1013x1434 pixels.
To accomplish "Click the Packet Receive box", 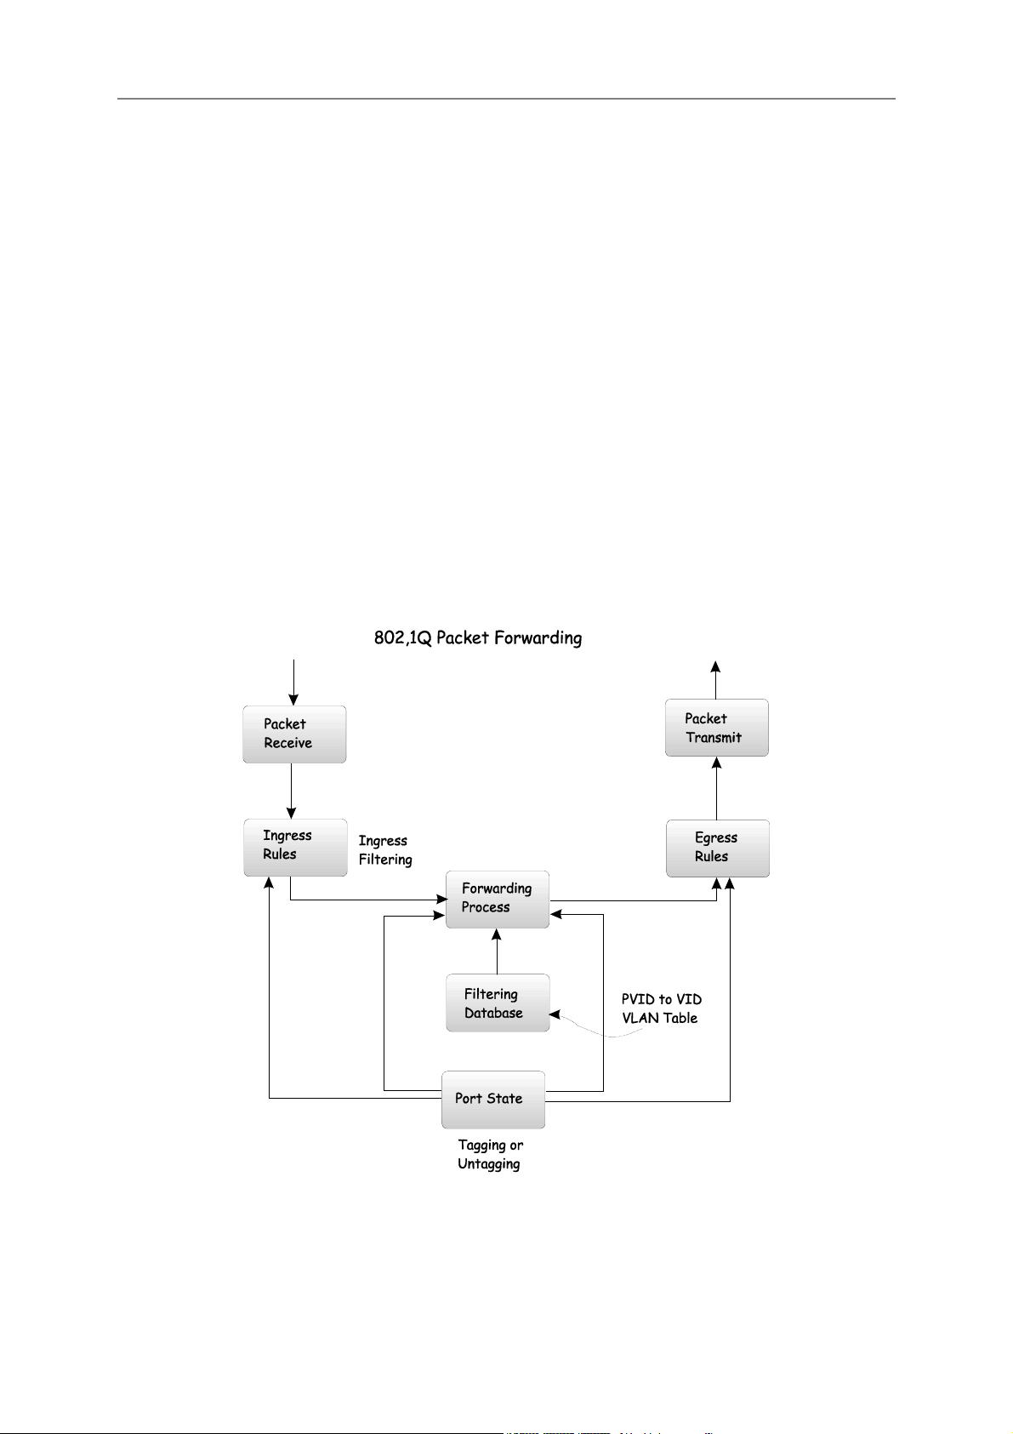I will click(x=294, y=734).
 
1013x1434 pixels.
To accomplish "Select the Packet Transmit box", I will click(x=716, y=728).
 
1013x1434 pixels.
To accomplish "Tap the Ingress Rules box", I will click(x=295, y=847).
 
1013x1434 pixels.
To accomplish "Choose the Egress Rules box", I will click(x=717, y=848).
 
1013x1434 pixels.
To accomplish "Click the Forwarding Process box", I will click(x=498, y=899).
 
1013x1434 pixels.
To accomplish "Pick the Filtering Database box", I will click(x=498, y=1003).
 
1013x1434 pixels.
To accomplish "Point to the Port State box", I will click(x=493, y=1099).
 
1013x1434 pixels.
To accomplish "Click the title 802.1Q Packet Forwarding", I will click(x=478, y=637).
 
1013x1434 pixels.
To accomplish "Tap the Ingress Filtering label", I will click(x=384, y=850).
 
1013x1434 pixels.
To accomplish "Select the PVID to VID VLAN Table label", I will click(x=661, y=1008).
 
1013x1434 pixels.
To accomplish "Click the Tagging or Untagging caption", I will click(x=490, y=1155).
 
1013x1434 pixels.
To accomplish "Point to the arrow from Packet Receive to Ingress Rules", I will click(x=291, y=791).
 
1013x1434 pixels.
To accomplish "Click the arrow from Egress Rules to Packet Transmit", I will click(x=716, y=788).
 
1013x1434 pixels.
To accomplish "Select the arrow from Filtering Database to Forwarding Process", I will click(x=497, y=951).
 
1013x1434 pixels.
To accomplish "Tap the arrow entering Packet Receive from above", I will click(x=293, y=681).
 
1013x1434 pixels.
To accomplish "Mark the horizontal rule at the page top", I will click(x=505, y=99).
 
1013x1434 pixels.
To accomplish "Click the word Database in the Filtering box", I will click(x=493, y=1013).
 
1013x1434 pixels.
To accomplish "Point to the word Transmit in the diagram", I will click(x=714, y=738).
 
